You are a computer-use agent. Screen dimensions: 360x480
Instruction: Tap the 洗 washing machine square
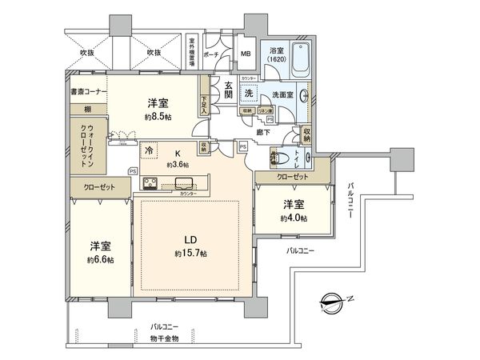pos(249,93)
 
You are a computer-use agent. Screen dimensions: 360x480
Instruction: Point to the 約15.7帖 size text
pos(190,254)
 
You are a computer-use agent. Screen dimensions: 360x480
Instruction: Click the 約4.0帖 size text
pos(294,218)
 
